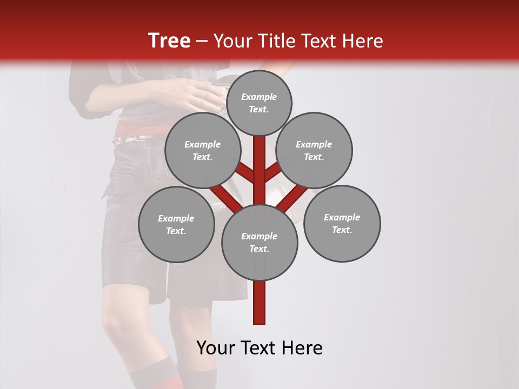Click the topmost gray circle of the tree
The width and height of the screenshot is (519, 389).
259,103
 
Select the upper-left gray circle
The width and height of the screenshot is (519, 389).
203,150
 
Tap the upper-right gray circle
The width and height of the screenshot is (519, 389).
314,150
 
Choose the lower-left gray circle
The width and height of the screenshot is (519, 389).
176,224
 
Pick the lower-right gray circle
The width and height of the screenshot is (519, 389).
342,223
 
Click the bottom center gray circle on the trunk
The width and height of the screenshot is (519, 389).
259,243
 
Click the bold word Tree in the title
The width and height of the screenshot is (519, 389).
169,41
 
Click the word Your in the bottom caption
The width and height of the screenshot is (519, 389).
215,348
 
